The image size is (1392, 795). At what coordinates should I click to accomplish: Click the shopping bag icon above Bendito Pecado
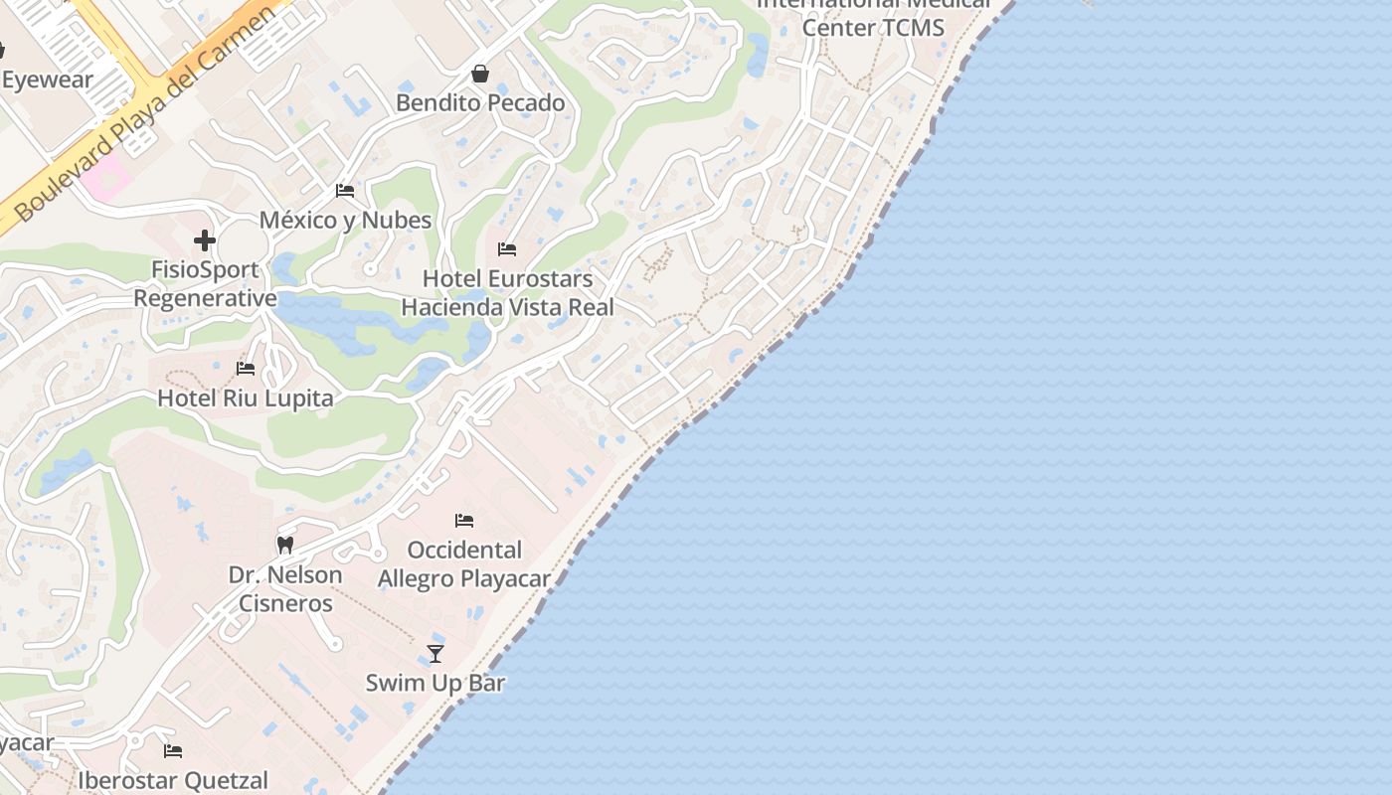(480, 74)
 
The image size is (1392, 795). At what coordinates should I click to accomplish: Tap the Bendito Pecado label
(480, 102)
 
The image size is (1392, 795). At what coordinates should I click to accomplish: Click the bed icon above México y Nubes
(345, 190)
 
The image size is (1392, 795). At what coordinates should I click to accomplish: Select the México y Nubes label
(345, 220)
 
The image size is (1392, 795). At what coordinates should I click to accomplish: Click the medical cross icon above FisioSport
(205, 240)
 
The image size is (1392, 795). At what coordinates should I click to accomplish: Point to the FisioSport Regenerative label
(205, 284)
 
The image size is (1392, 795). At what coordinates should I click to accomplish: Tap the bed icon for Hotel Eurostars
(507, 248)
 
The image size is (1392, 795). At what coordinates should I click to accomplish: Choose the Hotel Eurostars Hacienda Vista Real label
(507, 293)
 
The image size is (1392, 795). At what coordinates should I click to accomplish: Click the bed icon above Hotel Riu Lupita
(246, 369)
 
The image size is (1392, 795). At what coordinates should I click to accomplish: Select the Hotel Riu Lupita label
(246, 398)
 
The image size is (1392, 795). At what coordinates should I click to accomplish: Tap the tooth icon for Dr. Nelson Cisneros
(285, 545)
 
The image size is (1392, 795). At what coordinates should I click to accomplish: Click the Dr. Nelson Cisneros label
(285, 588)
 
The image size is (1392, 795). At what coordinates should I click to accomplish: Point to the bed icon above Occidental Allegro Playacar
(464, 520)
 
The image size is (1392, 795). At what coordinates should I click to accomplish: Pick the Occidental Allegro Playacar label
(464, 563)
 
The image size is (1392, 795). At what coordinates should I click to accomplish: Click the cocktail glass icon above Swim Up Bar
(435, 653)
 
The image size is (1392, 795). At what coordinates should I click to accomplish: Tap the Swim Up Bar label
(435, 683)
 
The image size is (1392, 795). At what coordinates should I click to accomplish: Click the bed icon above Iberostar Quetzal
(173, 750)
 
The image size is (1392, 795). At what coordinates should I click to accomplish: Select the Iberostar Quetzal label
(173, 780)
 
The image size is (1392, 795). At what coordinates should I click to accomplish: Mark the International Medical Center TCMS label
(873, 17)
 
